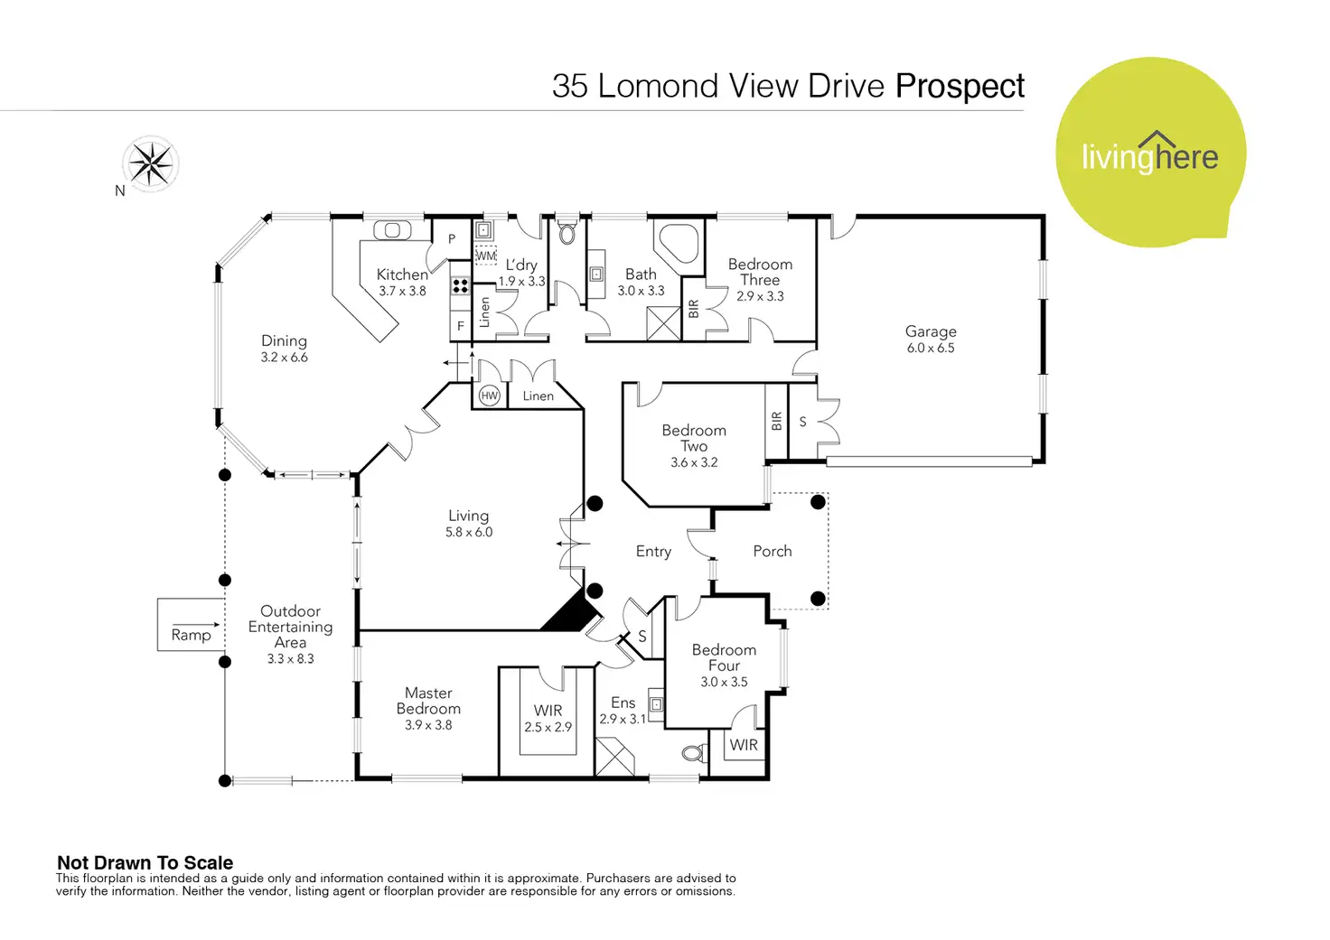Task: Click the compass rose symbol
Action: point(151,163)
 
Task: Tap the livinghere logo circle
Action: point(1151,153)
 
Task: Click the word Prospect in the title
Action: point(960,87)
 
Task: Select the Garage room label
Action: point(931,331)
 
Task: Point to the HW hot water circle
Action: point(489,396)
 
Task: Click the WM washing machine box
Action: point(486,256)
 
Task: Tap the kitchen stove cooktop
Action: point(460,286)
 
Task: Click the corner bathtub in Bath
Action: point(677,240)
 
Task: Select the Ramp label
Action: point(191,635)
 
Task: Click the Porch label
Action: point(772,552)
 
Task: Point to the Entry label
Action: point(653,552)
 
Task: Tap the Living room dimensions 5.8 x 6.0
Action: point(469,533)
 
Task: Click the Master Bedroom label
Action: point(428,701)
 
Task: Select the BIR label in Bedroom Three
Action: point(694,309)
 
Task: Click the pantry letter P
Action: point(452,238)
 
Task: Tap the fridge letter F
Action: point(460,326)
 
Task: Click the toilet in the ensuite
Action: point(696,753)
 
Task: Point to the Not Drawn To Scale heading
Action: point(145,862)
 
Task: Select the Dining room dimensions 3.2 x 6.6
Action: point(284,358)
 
